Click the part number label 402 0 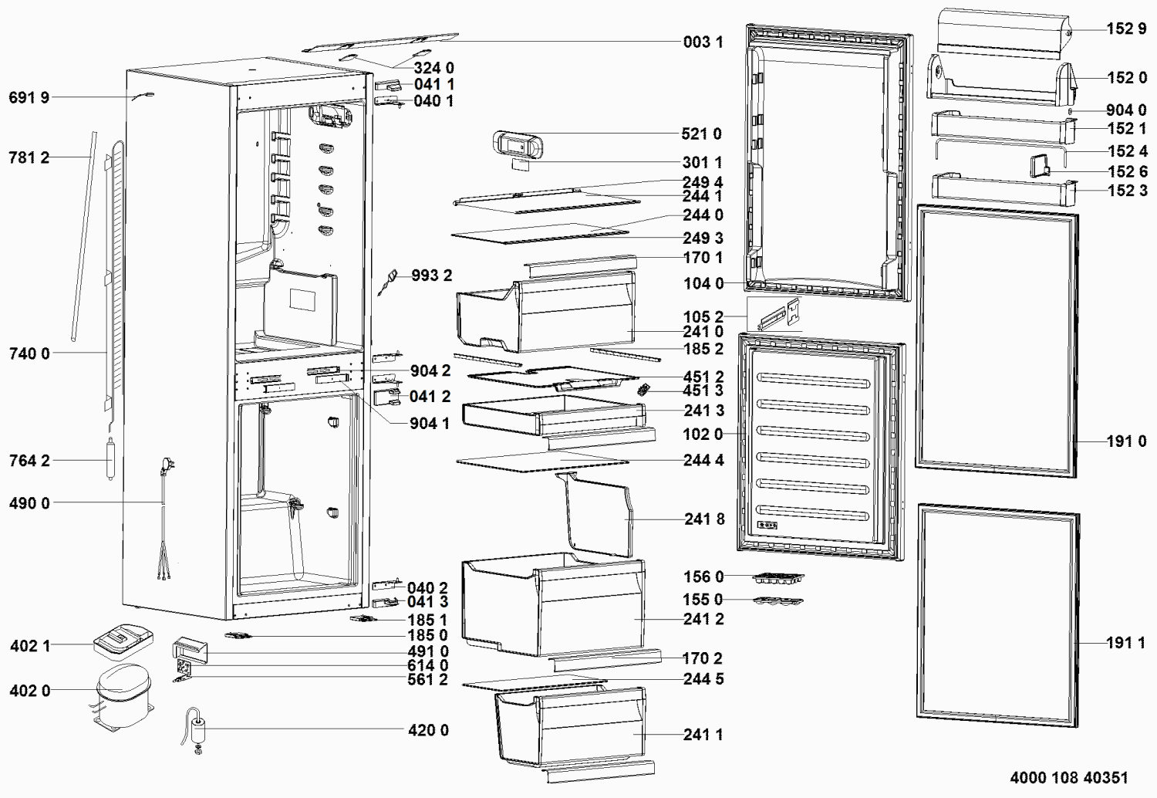[x=30, y=691]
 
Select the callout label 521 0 [x=701, y=134]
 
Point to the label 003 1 [x=703, y=42]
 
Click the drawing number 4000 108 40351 [x=1069, y=777]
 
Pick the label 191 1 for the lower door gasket [x=1126, y=642]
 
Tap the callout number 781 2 [x=29, y=157]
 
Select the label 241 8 [x=704, y=519]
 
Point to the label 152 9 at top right [x=1126, y=29]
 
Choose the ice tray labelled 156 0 [x=778, y=578]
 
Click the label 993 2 [x=432, y=276]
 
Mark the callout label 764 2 [x=29, y=461]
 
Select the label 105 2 [x=703, y=316]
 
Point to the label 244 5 [x=703, y=678]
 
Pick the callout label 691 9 [x=29, y=97]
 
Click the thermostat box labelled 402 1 [x=123, y=641]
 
